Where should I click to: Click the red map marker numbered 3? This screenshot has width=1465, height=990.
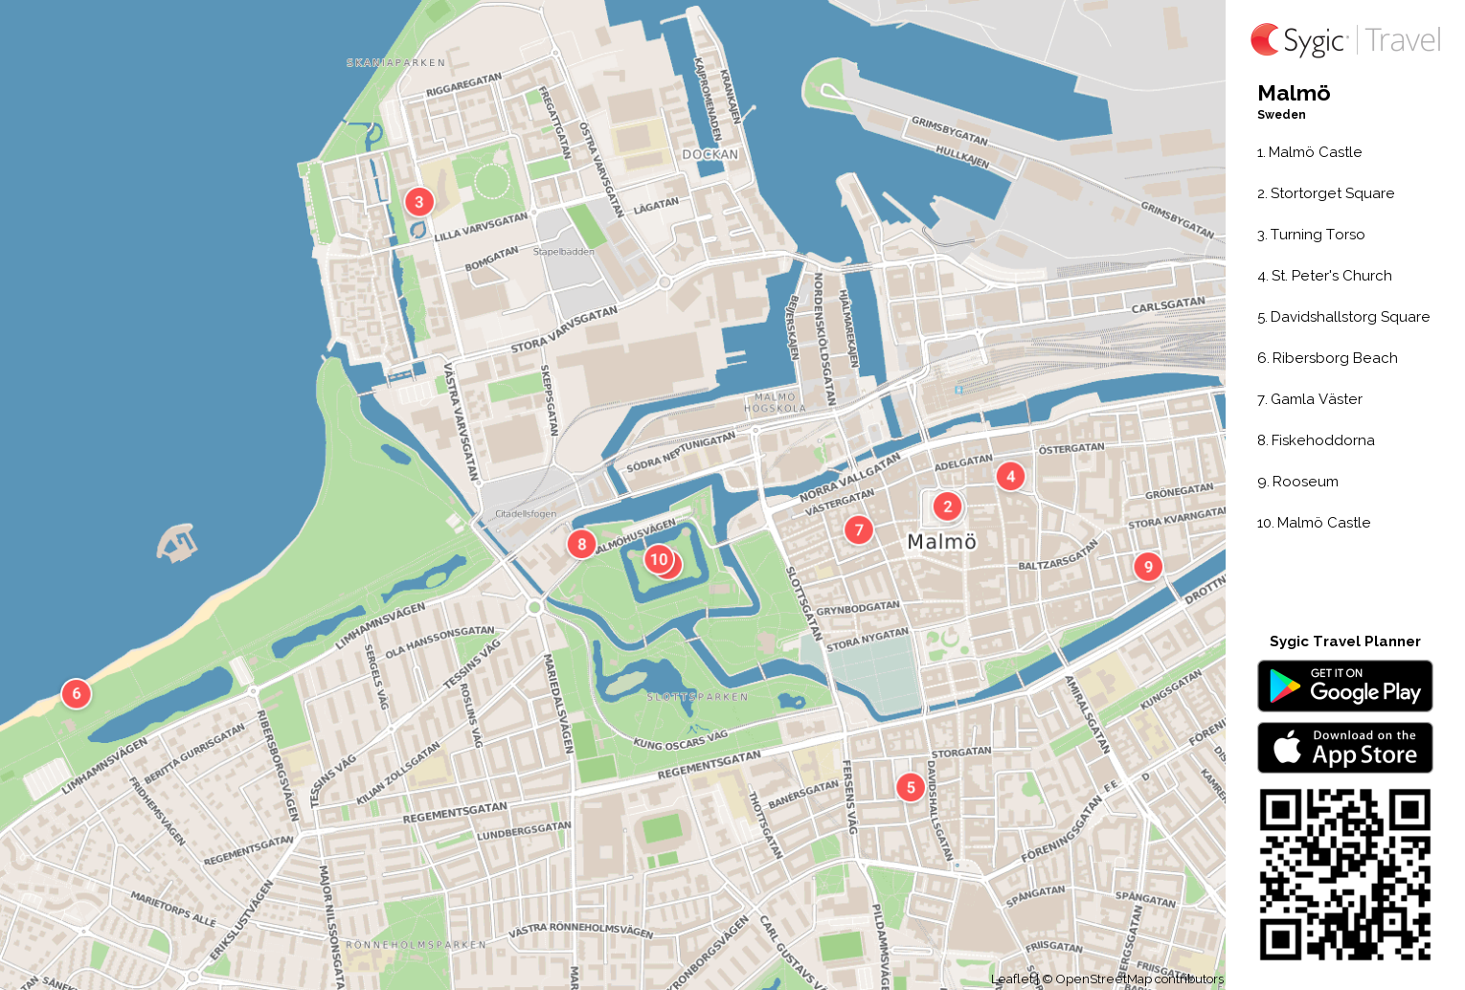[x=418, y=202]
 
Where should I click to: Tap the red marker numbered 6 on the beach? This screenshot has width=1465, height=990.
[x=77, y=693]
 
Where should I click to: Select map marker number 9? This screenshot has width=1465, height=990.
[x=1148, y=567]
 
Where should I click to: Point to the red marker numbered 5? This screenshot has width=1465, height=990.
[x=911, y=787]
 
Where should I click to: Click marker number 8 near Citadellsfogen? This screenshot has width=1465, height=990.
[x=581, y=544]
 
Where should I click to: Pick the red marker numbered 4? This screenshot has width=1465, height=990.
[x=1010, y=476]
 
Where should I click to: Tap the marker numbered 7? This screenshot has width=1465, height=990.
[x=859, y=529]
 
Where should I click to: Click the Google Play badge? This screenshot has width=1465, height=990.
[x=1344, y=686]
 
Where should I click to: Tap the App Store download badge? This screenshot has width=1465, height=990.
[x=1344, y=748]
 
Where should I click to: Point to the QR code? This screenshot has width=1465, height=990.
[x=1344, y=874]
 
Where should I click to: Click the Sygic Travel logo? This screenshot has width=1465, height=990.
[x=1344, y=40]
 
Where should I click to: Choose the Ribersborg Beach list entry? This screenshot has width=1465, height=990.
[x=1327, y=358]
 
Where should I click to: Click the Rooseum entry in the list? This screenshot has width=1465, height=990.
[x=1297, y=482]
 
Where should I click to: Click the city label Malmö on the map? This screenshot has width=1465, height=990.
[x=941, y=542]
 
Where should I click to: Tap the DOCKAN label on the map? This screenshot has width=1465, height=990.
[x=710, y=154]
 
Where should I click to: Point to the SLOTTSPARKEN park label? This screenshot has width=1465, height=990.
[x=697, y=697]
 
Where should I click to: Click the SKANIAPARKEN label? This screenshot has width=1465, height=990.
[x=395, y=63]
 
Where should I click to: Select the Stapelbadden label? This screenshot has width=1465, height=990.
[x=563, y=252]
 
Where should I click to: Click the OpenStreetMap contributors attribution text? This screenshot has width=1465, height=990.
[x=1138, y=979]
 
